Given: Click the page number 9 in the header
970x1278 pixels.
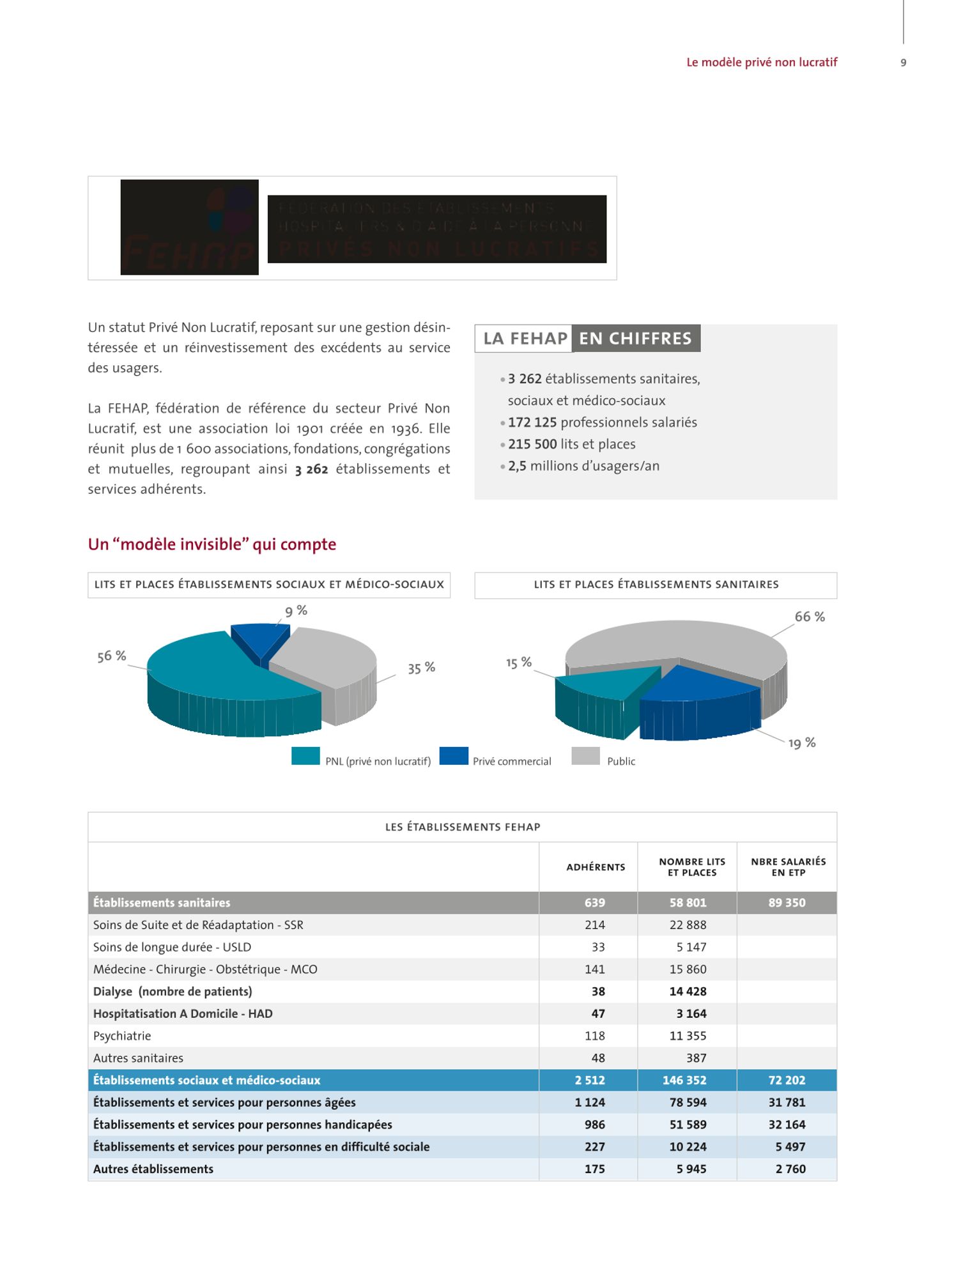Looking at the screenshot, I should pos(903,63).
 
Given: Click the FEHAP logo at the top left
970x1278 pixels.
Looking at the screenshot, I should pos(189,227).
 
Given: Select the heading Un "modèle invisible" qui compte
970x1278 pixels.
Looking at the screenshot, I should pos(212,544).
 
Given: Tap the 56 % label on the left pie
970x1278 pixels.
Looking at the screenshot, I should pos(112,656).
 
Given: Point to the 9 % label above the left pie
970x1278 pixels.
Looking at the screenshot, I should pos(296,611).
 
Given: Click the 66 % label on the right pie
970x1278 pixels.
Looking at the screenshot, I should pos(810,617).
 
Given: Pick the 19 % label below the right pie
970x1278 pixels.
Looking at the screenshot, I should pos(801,743).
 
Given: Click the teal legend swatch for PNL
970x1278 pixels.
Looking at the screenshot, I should pos(305,756).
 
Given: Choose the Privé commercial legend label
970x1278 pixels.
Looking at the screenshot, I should pos(512,762).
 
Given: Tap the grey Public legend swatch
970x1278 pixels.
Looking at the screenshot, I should pos(585,756).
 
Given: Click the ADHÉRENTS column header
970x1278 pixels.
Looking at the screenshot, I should pos(596,867).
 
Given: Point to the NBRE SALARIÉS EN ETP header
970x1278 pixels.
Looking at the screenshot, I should pos(788,867).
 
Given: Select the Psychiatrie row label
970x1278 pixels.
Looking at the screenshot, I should pos(122,1036).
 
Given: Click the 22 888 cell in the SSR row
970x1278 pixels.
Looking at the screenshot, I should pos(688,925).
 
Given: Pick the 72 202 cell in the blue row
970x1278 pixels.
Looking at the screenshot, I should pos(787,1081).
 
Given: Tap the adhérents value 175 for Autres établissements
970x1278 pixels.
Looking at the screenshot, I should pos(594,1169).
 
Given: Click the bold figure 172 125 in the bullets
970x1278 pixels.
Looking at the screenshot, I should pos(532,422).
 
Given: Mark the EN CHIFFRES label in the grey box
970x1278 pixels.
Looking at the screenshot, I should pos(635,339).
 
